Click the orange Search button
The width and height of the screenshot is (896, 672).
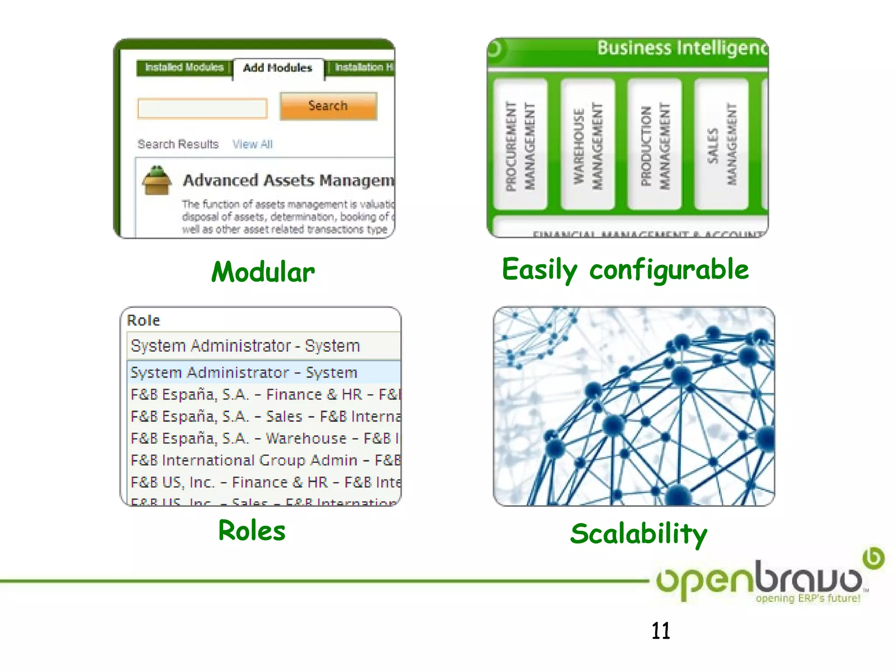328,106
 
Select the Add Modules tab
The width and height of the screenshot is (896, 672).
278,68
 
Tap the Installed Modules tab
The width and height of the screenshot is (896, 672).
184,67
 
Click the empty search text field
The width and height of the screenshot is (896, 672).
202,108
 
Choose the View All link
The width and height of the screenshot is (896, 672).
252,144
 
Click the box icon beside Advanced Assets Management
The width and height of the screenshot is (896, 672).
156,180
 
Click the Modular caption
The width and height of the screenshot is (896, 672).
263,272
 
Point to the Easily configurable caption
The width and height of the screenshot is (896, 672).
625,269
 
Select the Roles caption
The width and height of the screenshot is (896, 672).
252,531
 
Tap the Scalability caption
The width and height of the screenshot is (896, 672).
639,534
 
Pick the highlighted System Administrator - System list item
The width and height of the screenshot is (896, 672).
244,373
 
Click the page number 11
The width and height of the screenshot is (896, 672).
661,631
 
